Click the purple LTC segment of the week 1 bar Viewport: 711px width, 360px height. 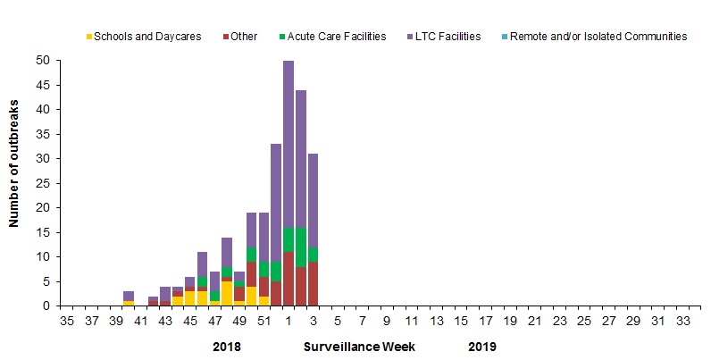289,143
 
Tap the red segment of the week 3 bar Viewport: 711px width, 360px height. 314,283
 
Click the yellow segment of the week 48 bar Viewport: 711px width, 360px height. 227,293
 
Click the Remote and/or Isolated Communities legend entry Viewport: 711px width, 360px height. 605,37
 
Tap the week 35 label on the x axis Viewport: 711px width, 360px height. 67,320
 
